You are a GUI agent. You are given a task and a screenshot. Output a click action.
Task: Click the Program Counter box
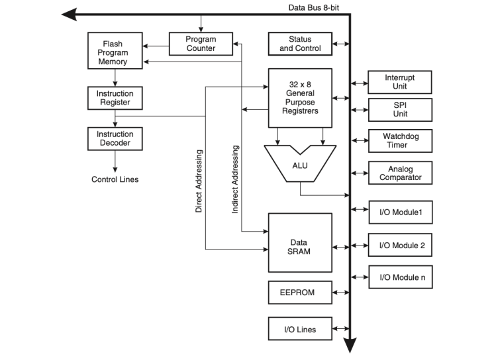click(201, 44)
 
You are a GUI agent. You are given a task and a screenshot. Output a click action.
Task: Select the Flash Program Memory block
click(116, 53)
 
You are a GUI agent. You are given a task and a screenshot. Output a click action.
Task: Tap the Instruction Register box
click(115, 98)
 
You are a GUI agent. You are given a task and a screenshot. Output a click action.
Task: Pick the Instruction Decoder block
click(115, 138)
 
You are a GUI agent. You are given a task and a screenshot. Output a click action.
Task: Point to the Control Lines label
click(115, 179)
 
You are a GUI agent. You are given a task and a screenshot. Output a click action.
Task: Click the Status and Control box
click(300, 44)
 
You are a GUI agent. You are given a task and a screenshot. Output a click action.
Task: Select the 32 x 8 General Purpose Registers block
click(300, 97)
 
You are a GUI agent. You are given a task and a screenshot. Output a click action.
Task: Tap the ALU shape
click(300, 163)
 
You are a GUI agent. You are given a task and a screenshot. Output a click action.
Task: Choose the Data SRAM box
click(300, 242)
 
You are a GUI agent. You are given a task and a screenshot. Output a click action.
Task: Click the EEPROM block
click(300, 292)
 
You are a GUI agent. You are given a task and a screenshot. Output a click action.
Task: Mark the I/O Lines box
click(300, 329)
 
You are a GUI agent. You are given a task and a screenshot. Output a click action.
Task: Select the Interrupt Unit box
click(400, 82)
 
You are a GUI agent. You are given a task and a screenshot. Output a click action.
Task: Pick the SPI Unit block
click(400, 110)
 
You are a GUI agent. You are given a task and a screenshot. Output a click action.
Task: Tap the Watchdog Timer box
click(400, 141)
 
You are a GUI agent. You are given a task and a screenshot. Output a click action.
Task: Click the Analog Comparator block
click(400, 173)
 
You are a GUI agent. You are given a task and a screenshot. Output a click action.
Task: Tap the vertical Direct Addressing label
click(199, 181)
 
